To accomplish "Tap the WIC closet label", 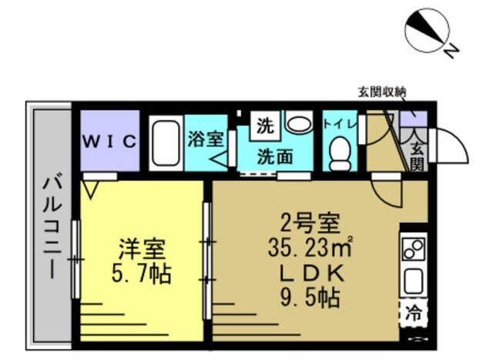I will click(110, 141).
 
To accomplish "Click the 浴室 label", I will click(206, 140).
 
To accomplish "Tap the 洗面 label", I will click(274, 156).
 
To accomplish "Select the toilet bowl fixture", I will click(339, 154).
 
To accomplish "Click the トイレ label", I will click(339, 123).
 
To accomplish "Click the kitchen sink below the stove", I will click(414, 281).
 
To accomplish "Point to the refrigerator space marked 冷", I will click(414, 314).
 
